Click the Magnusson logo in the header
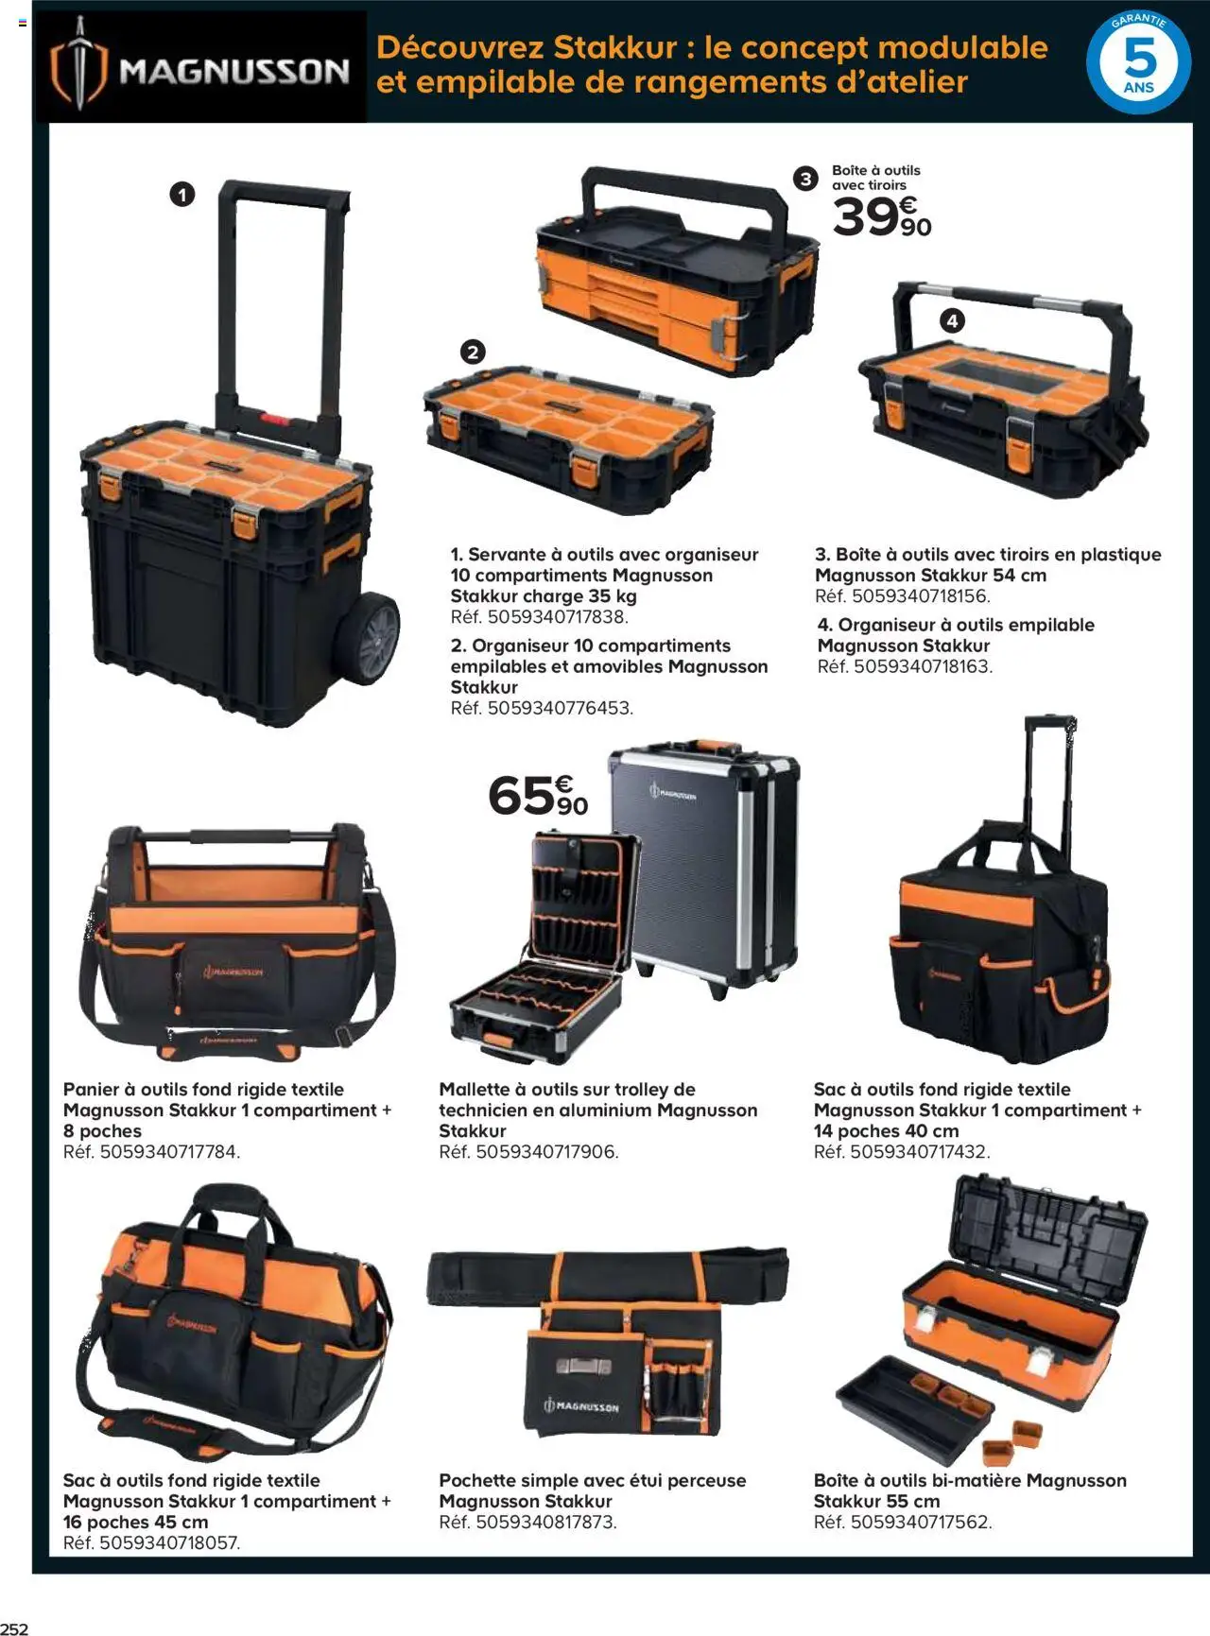click(200, 68)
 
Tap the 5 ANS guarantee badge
click(1138, 63)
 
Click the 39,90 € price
click(881, 217)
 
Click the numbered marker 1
click(181, 195)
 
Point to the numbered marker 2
click(472, 353)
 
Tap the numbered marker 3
click(805, 179)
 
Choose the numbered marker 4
click(952, 321)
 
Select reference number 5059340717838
click(557, 617)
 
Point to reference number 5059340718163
click(923, 666)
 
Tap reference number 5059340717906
click(546, 1152)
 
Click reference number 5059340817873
click(545, 1523)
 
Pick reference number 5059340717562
click(921, 1523)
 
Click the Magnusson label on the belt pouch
click(582, 1406)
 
